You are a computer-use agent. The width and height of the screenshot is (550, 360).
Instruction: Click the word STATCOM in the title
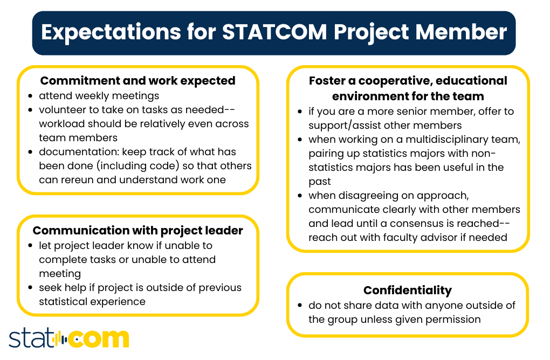coord(275,32)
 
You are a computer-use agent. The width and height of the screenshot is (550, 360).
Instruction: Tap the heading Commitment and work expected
coord(138,81)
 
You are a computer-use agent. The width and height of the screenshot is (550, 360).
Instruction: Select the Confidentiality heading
coord(408,290)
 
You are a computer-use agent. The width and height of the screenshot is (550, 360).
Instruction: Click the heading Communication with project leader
coord(138,231)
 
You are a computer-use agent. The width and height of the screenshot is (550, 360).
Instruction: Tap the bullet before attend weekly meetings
coord(31,96)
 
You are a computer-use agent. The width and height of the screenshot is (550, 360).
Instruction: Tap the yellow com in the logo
coord(100,338)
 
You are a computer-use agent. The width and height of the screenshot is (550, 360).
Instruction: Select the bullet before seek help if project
coord(31,288)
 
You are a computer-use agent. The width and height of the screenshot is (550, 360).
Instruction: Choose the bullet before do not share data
coord(300,306)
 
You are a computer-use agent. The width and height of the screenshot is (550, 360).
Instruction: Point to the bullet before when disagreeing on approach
coord(300,196)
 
